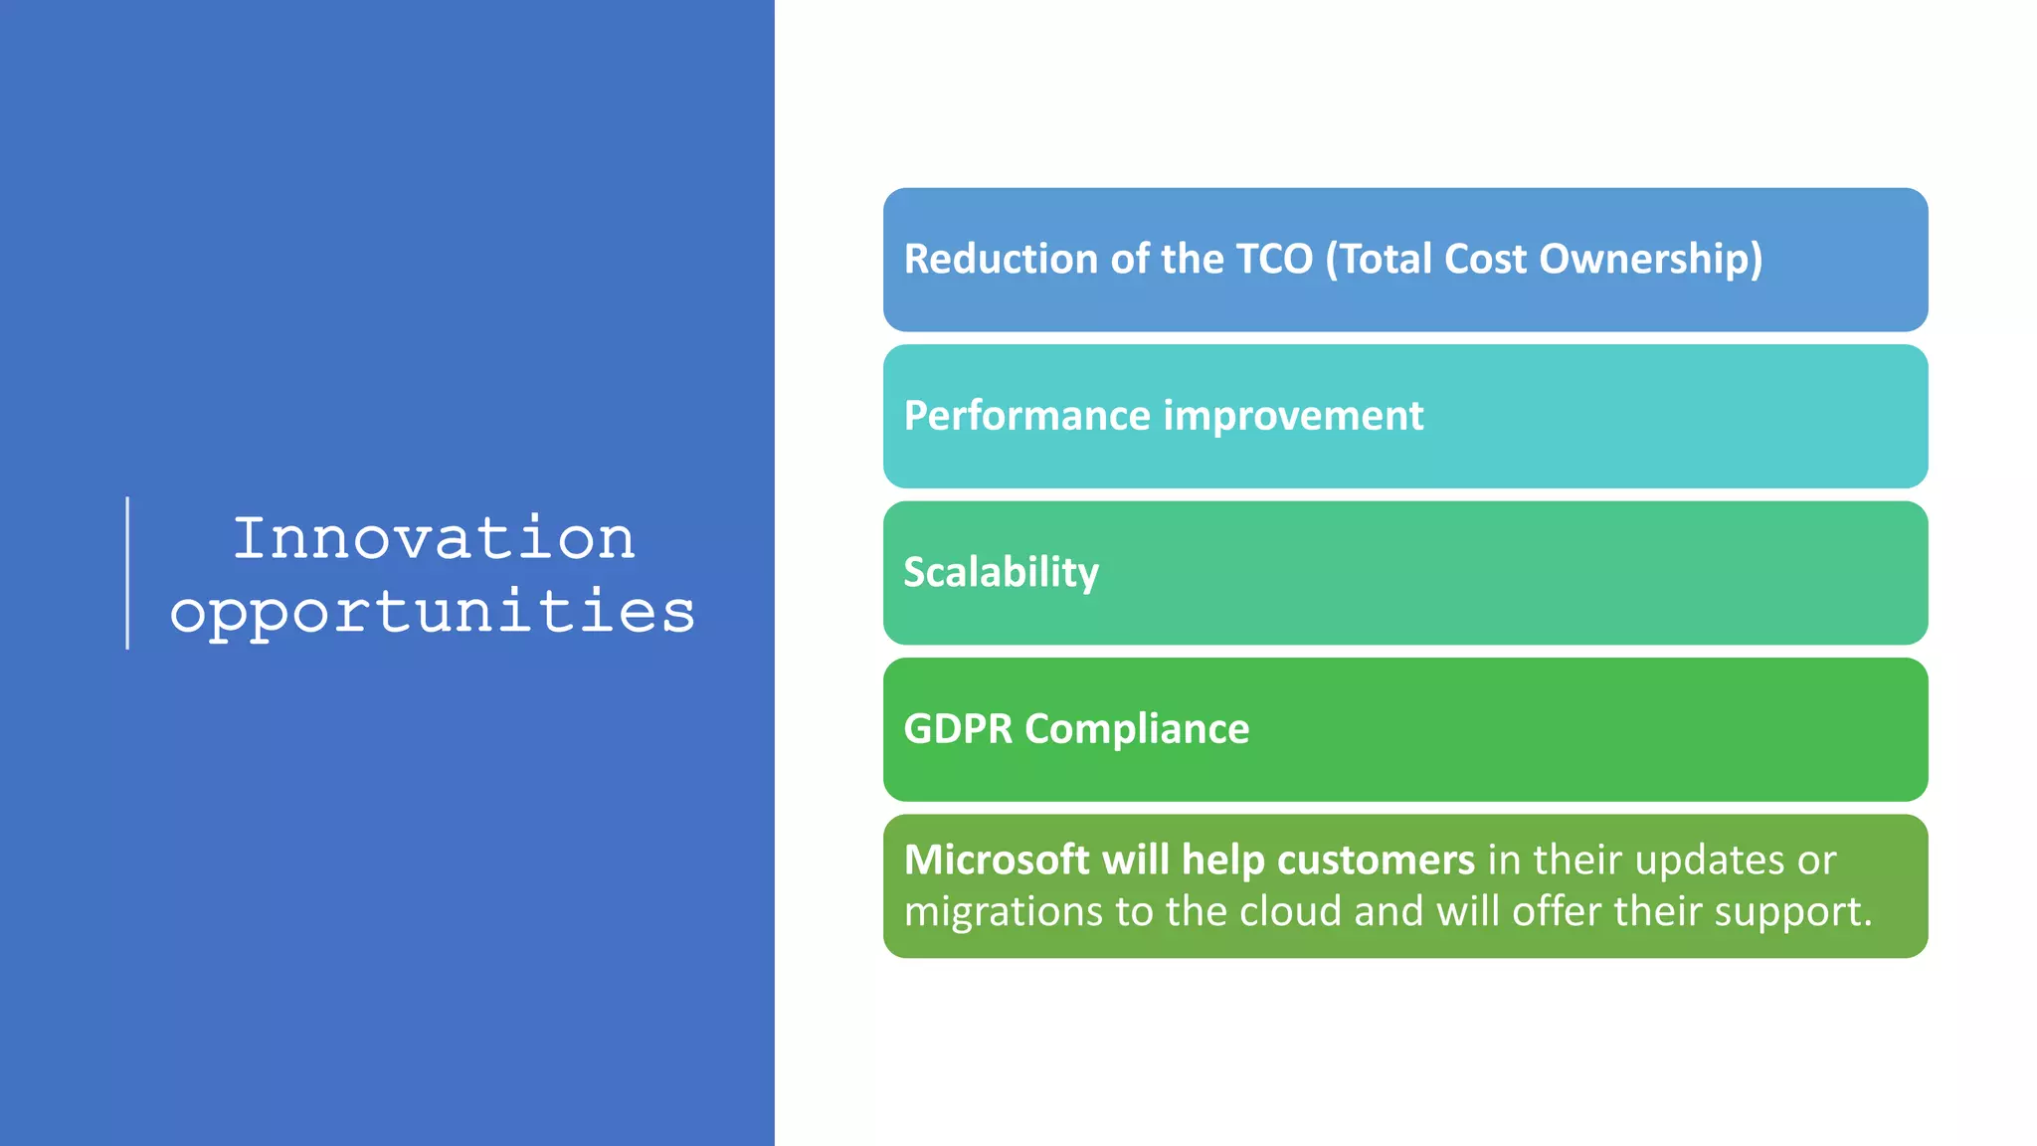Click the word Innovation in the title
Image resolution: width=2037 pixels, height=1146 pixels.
pyautogui.click(x=434, y=538)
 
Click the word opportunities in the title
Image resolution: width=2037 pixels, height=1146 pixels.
pyautogui.click(x=432, y=611)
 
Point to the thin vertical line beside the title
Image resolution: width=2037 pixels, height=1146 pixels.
pyautogui.click(x=127, y=573)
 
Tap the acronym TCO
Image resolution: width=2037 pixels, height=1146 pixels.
pyautogui.click(x=1274, y=259)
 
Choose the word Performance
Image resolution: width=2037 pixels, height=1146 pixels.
pyautogui.click(x=1027, y=416)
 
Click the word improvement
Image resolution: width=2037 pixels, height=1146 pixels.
pyautogui.click(x=1294, y=416)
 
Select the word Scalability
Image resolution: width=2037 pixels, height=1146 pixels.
pyautogui.click(x=1002, y=572)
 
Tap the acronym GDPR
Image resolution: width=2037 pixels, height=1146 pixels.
pyautogui.click(x=958, y=729)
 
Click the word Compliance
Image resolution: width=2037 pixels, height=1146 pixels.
pyautogui.click(x=1137, y=729)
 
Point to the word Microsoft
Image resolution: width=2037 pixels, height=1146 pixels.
pyautogui.click(x=997, y=859)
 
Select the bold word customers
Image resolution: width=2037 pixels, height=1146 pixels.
pyautogui.click(x=1376, y=859)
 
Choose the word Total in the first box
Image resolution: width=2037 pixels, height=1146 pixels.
pyautogui.click(x=1386, y=259)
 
